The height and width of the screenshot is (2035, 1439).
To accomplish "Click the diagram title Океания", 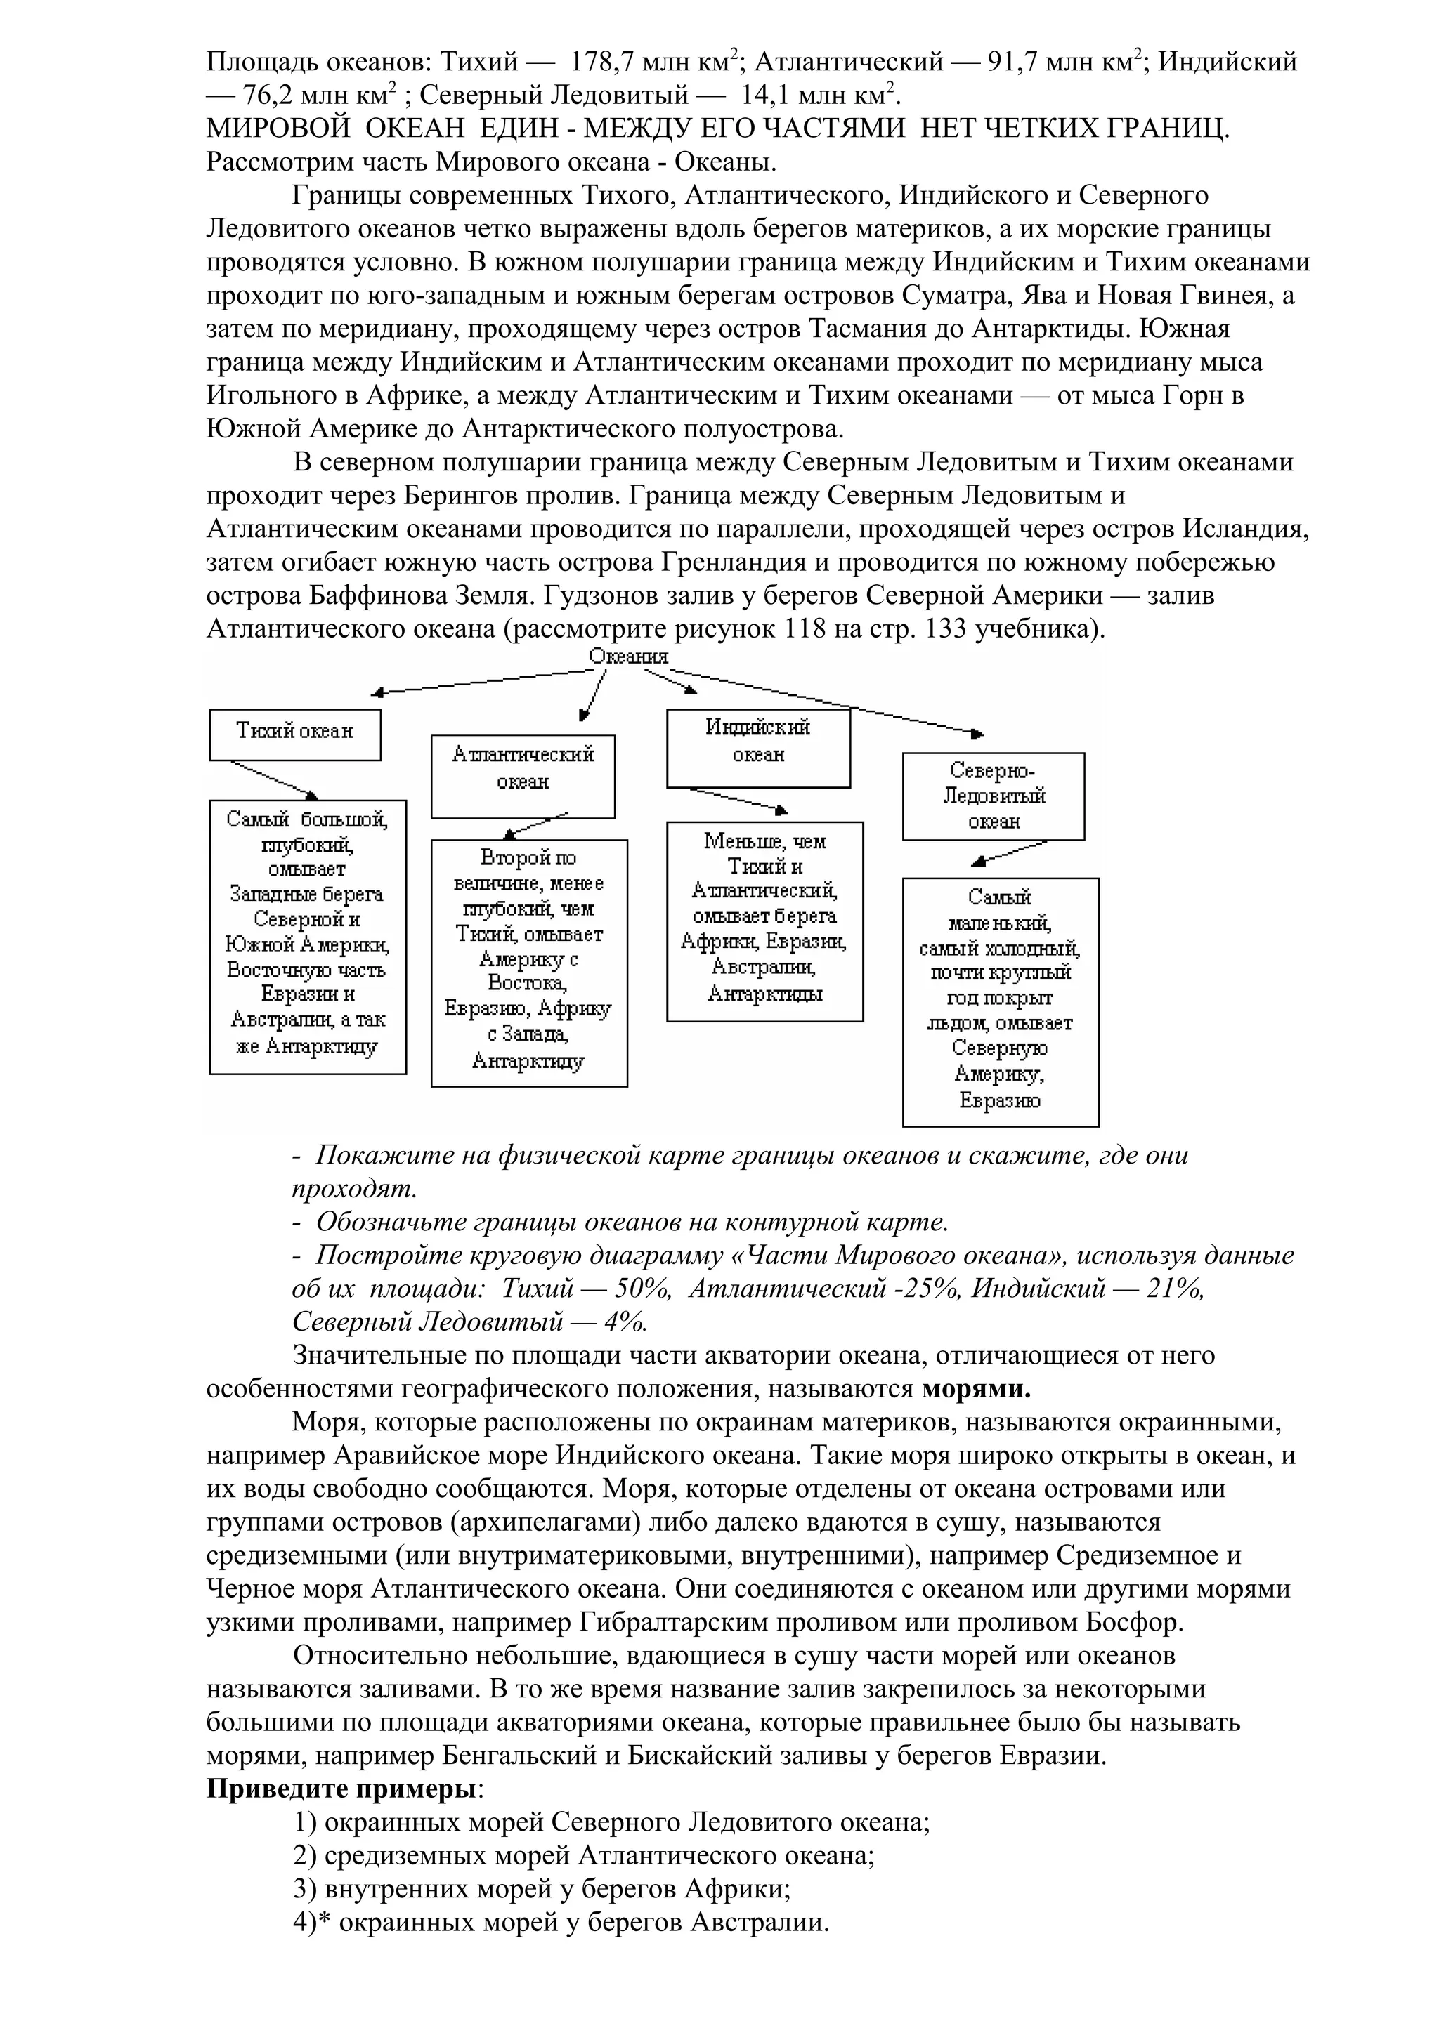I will tap(629, 656).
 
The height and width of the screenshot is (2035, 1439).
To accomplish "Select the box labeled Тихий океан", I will tap(294, 733).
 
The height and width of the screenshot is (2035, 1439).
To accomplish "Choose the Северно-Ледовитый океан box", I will tap(993, 796).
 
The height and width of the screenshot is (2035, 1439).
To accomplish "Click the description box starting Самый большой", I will tap(308, 936).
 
